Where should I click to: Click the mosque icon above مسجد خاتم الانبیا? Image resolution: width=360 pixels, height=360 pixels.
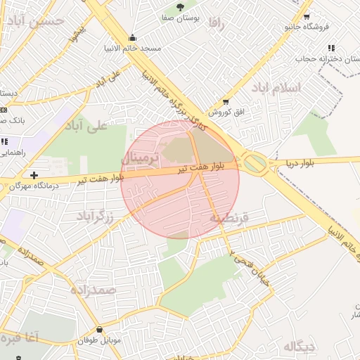[x=132, y=38]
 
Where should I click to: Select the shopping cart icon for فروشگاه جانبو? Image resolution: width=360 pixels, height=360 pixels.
[x=307, y=16]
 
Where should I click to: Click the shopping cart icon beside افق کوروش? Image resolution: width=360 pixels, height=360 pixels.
[x=226, y=101]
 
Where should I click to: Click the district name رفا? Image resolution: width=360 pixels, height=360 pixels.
[x=216, y=23]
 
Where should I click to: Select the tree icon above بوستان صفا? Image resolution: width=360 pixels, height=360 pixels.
[x=181, y=6]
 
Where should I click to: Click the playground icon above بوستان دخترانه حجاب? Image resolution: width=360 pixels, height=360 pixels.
[x=330, y=48]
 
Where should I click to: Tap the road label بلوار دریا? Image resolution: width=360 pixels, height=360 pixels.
[x=301, y=163]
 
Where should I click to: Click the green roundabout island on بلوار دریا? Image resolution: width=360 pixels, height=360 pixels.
[x=255, y=164]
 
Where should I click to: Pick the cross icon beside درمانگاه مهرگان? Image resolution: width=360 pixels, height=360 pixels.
[x=34, y=174]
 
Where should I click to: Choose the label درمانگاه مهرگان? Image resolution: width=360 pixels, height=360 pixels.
[x=34, y=186]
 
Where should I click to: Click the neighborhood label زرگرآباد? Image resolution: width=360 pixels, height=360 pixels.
[x=94, y=214]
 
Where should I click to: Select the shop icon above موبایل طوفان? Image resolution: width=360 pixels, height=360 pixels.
[x=98, y=329]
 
